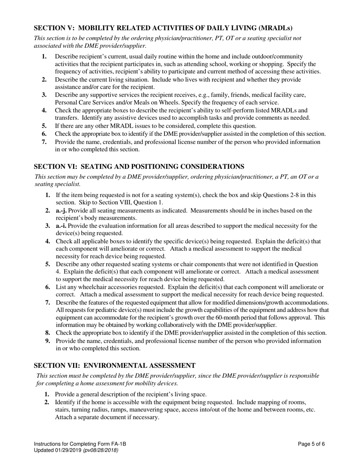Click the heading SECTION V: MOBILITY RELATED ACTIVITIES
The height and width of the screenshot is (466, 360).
[163, 28]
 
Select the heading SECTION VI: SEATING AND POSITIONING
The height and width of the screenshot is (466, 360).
[139, 166]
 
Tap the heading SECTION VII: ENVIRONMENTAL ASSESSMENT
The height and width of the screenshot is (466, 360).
[115, 365]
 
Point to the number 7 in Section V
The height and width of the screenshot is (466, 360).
[44, 142]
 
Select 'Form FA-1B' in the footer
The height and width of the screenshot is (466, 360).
[112, 444]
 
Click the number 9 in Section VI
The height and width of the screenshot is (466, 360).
[48, 341]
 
